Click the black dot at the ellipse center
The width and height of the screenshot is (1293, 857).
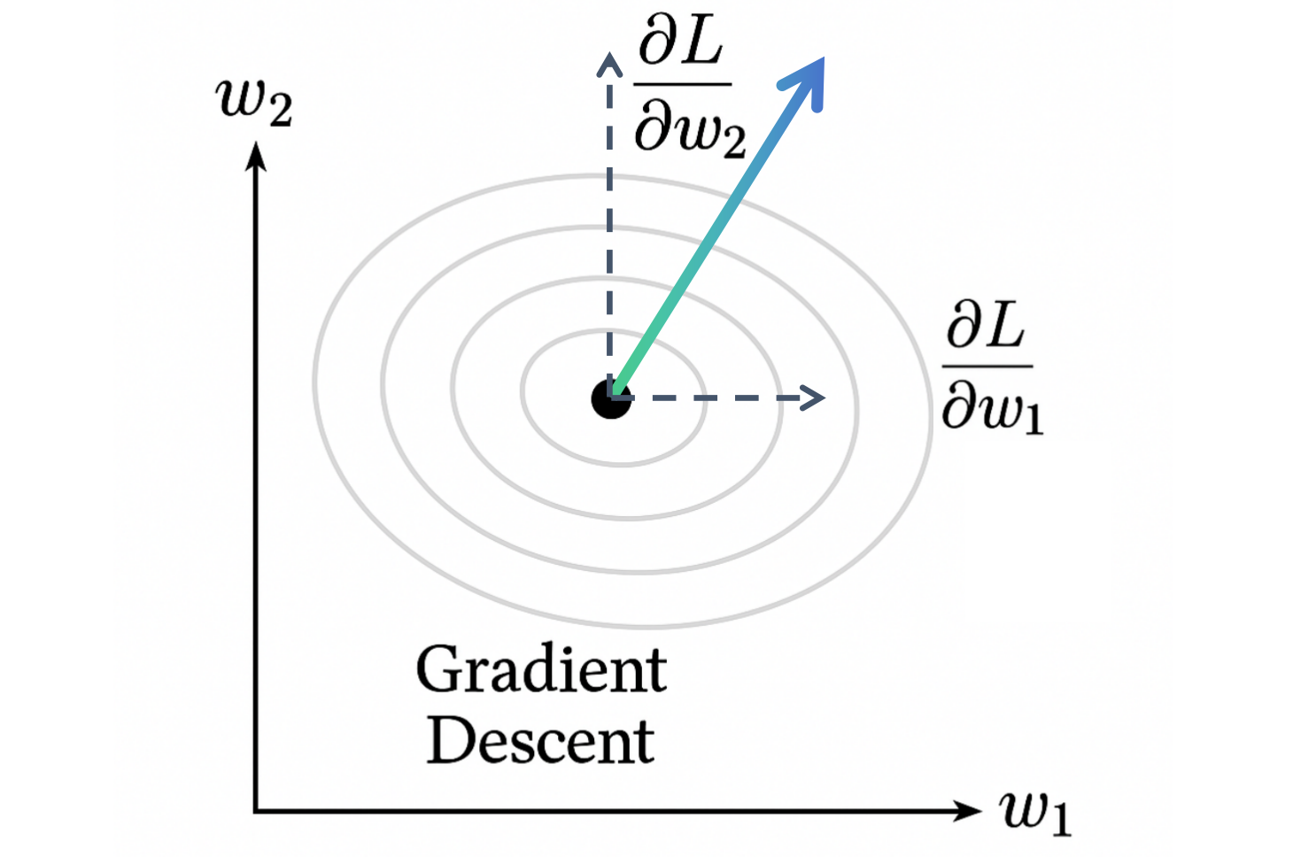pos(610,399)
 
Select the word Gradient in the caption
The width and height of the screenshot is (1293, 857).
pos(541,670)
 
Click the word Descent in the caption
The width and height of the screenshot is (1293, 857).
pos(541,741)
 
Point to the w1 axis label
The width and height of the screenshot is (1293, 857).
pos(1035,812)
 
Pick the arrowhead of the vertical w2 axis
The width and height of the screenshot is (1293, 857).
pos(256,156)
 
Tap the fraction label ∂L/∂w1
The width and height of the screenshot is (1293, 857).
pos(991,366)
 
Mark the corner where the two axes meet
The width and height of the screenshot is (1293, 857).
pos(256,810)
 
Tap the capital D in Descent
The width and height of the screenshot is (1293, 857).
pos(451,740)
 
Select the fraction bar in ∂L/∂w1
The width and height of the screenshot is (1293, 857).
pos(988,365)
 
